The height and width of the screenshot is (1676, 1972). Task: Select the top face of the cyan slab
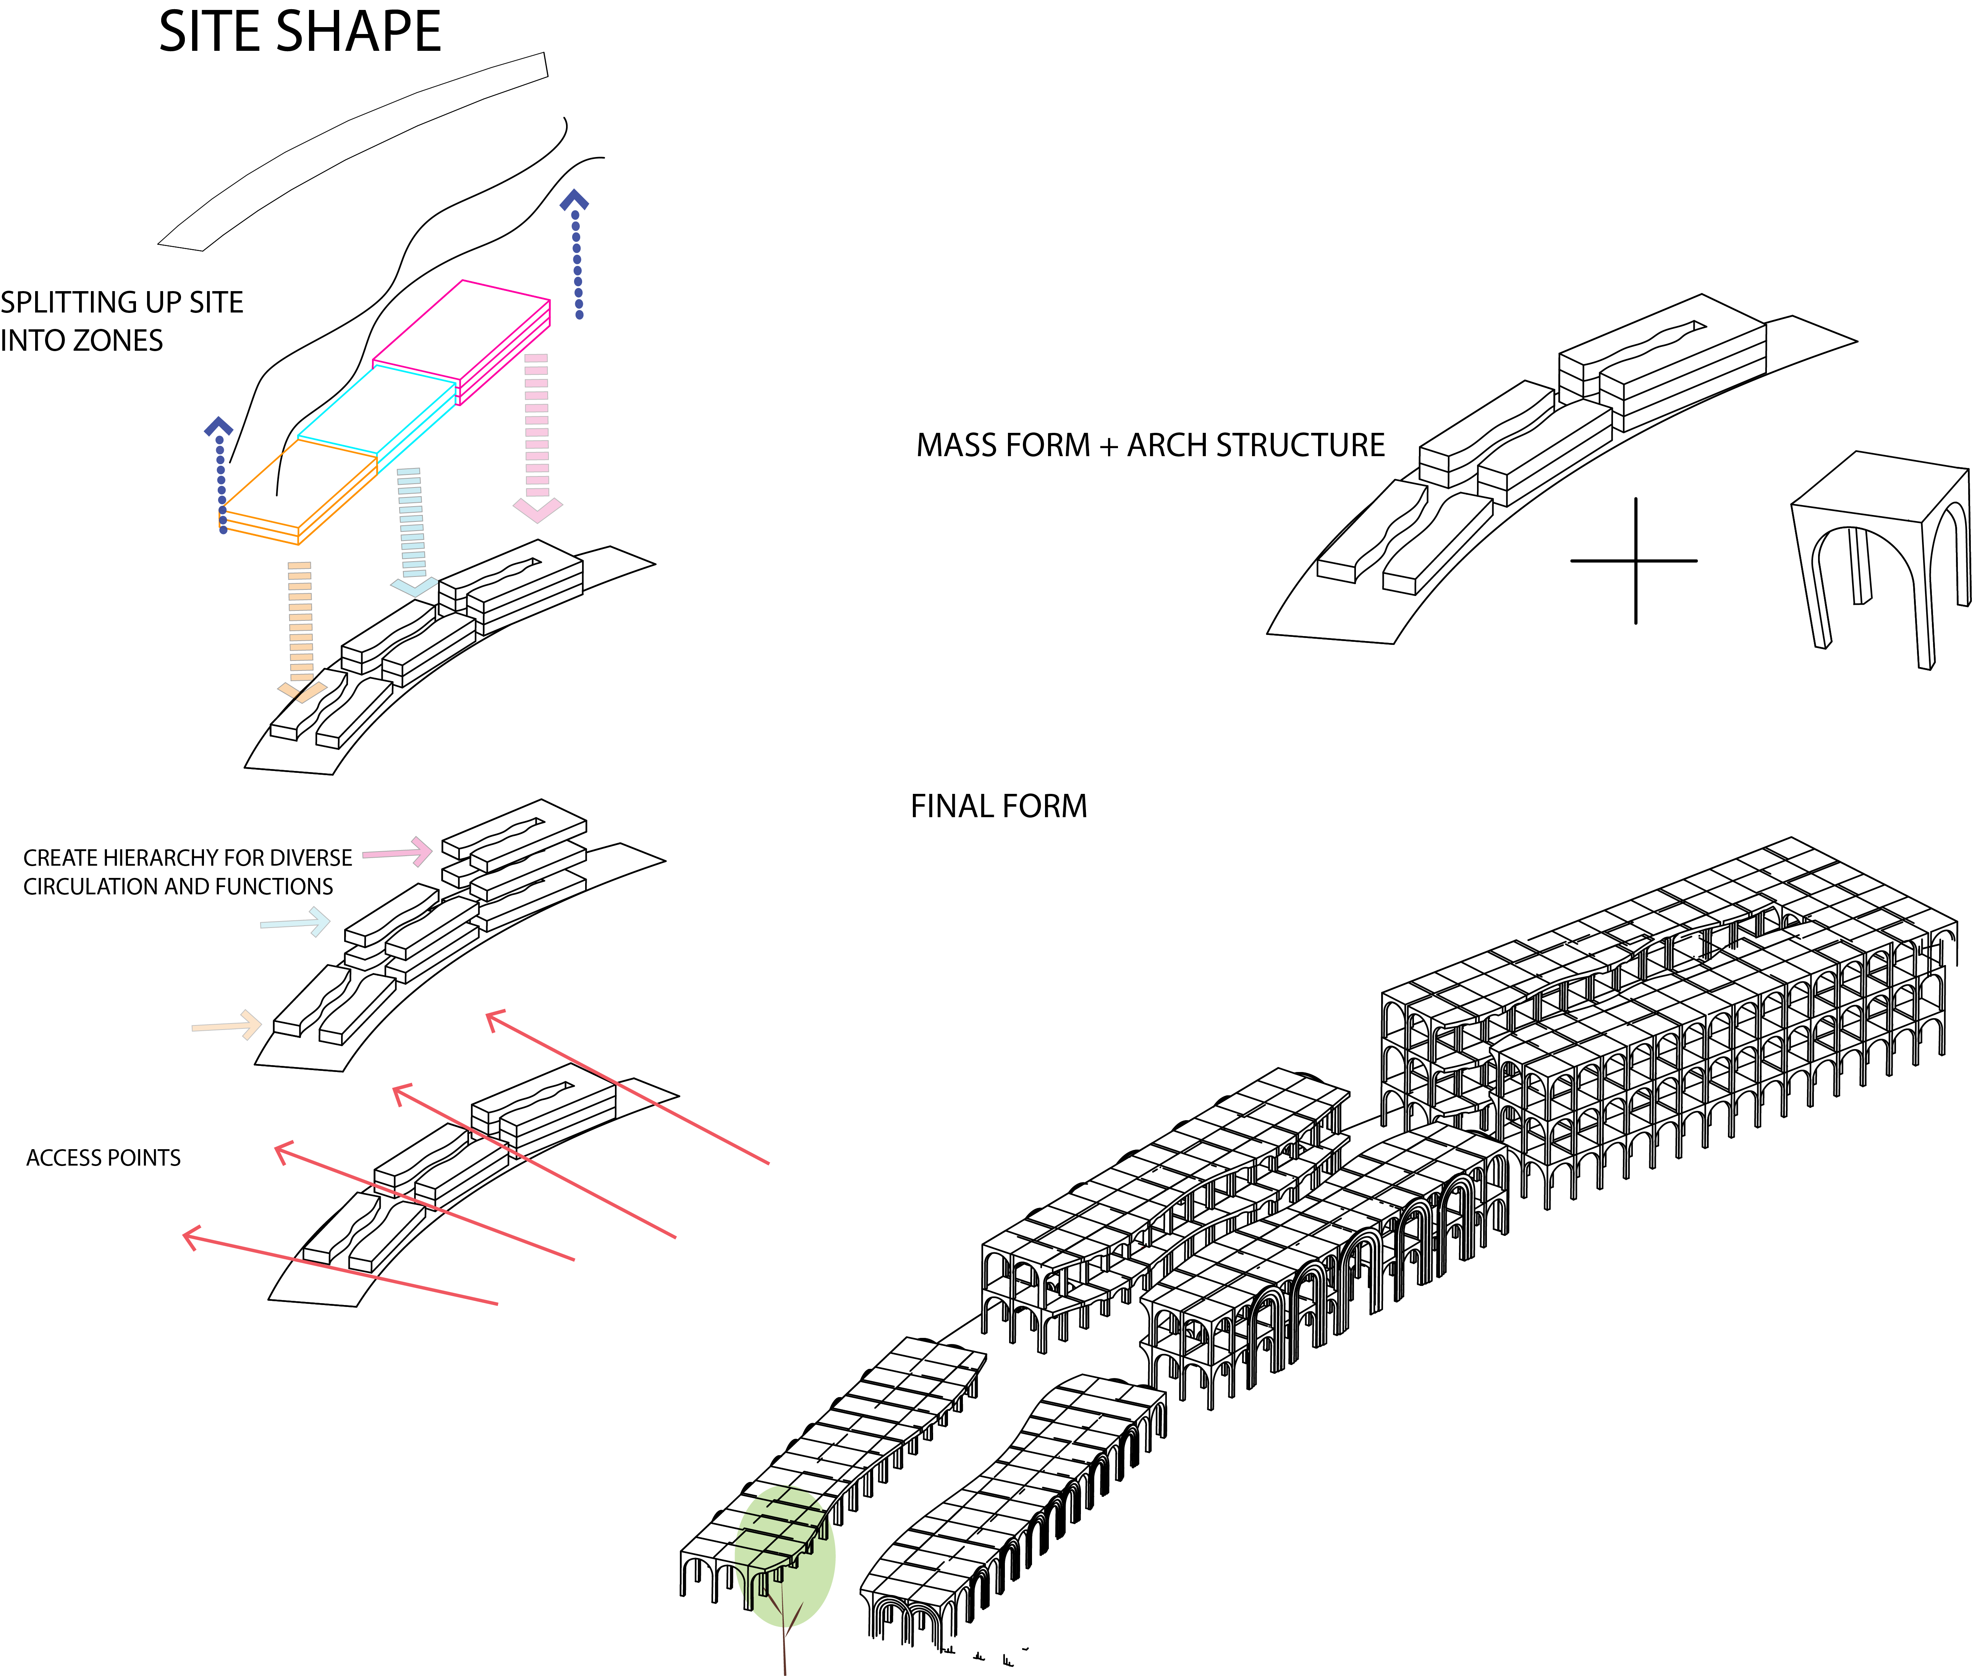point(377,410)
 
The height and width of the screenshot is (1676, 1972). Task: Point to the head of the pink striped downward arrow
point(538,510)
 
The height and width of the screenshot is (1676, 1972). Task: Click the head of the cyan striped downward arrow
point(415,586)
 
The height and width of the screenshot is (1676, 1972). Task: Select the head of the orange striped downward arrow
point(302,692)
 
